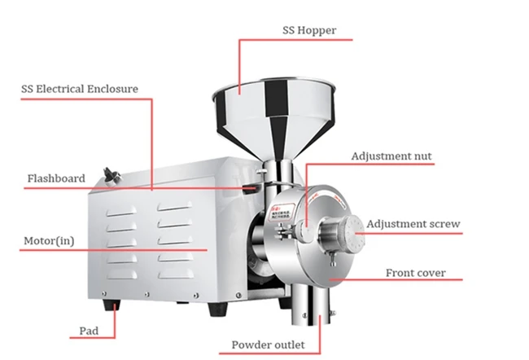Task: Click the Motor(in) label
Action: pos(46,241)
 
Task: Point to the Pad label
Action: pos(88,331)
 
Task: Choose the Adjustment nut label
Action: pos(391,156)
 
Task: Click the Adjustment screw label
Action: pos(413,224)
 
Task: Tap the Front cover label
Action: pos(415,274)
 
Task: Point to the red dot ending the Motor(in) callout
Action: pos(207,250)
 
